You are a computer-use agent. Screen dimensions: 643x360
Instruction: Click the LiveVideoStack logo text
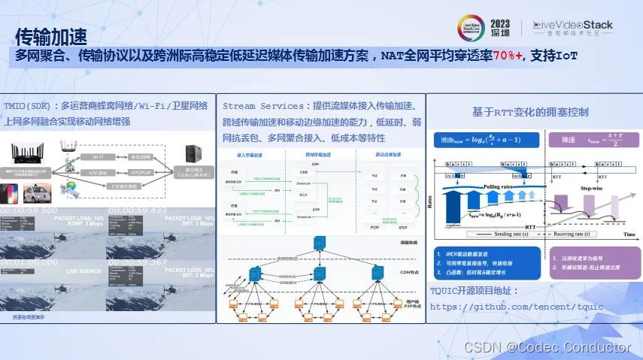[x=573, y=26]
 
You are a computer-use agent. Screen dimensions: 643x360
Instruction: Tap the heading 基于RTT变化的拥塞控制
[x=529, y=111]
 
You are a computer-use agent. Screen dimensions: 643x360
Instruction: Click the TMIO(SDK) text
[x=30, y=105]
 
